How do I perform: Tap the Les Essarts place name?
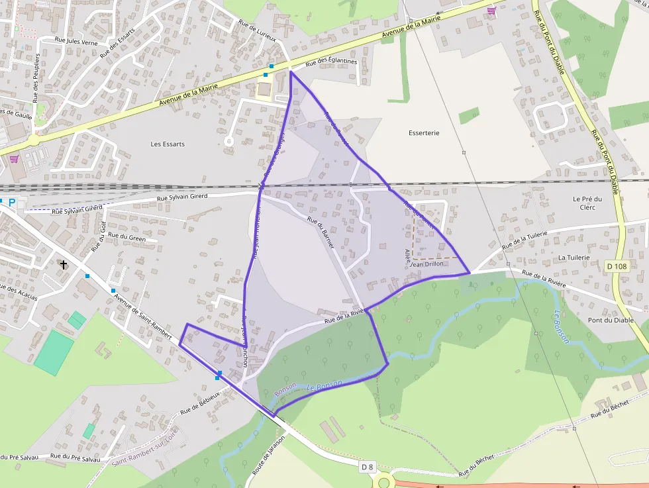point(168,144)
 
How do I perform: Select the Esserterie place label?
point(424,133)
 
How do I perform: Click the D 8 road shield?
point(368,467)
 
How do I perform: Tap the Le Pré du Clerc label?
point(587,203)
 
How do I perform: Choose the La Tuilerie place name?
point(574,257)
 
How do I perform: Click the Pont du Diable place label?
point(611,320)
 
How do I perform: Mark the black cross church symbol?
point(64,264)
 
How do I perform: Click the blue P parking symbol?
point(11,202)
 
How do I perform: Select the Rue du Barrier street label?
point(321,232)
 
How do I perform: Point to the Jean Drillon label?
point(427,264)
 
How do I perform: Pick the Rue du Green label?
point(126,236)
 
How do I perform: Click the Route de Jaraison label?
point(268,456)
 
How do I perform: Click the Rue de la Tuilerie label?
point(525,240)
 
